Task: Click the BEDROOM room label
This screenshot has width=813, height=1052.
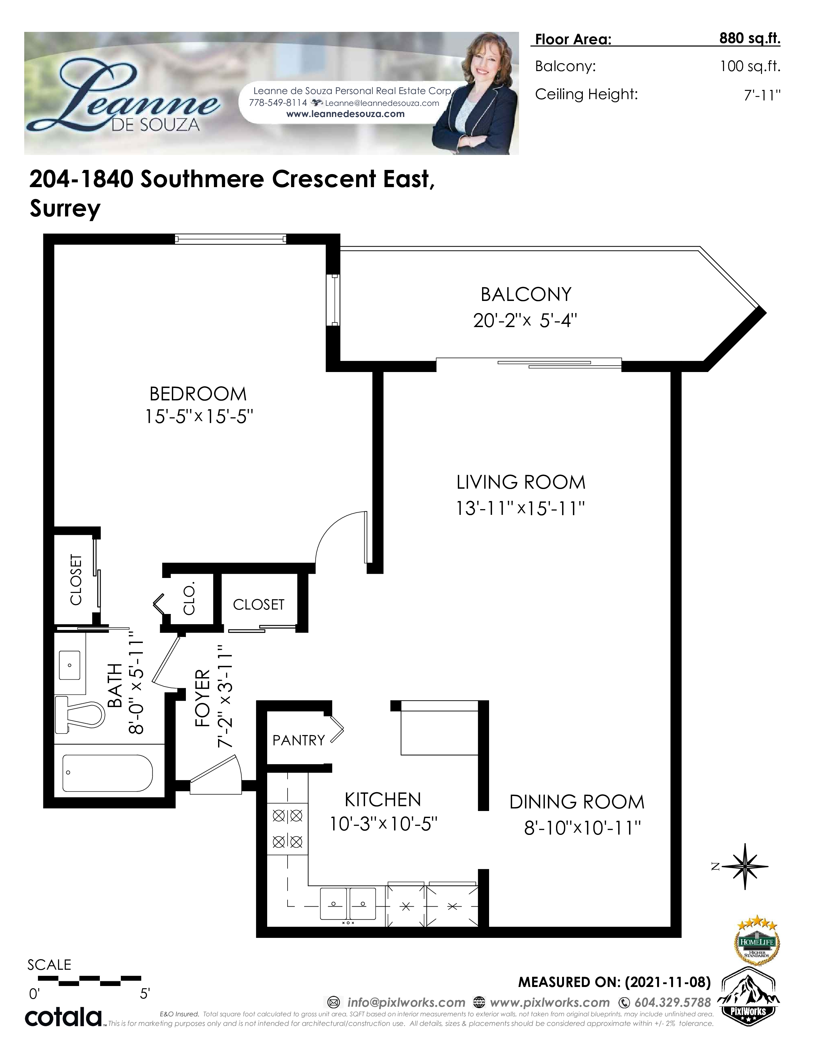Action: coord(198,394)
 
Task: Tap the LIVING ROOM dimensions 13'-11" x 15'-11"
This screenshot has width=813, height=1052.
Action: coord(521,508)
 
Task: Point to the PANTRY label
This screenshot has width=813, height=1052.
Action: coord(299,740)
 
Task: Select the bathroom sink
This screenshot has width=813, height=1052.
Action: coord(70,665)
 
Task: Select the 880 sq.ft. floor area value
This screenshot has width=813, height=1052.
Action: coord(750,39)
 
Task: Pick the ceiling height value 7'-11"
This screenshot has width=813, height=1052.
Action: coord(762,95)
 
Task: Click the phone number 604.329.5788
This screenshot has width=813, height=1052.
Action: coord(673,1002)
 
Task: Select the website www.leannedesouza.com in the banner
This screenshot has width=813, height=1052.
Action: coord(345,114)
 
